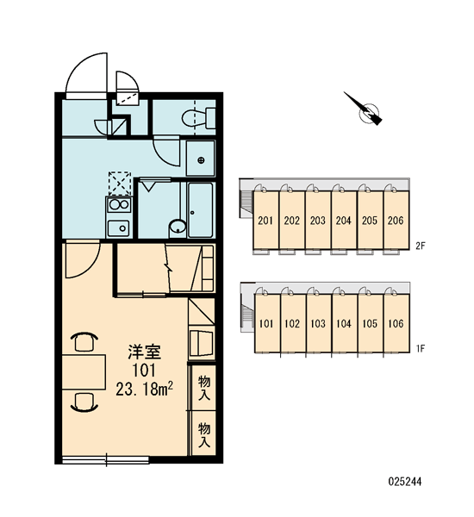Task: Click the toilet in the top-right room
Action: click(x=198, y=118)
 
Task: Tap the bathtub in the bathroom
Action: click(x=200, y=209)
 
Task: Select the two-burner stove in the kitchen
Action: click(x=119, y=204)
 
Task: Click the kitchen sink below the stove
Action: click(x=119, y=227)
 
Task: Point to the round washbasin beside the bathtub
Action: click(x=178, y=227)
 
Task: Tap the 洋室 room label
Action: click(x=144, y=352)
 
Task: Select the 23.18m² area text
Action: click(x=144, y=389)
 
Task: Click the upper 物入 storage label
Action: click(x=204, y=388)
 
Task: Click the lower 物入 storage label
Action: click(x=204, y=435)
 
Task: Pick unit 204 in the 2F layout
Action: click(x=343, y=220)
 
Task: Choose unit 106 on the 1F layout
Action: click(x=396, y=323)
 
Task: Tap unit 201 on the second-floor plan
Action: click(x=265, y=220)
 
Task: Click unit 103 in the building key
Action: click(x=318, y=323)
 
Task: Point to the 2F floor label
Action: click(x=420, y=246)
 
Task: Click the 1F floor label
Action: click(x=420, y=348)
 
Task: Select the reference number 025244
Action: click(x=405, y=482)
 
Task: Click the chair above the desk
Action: click(x=84, y=341)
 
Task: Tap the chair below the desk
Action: click(x=84, y=402)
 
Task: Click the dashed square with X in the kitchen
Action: click(x=120, y=184)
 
